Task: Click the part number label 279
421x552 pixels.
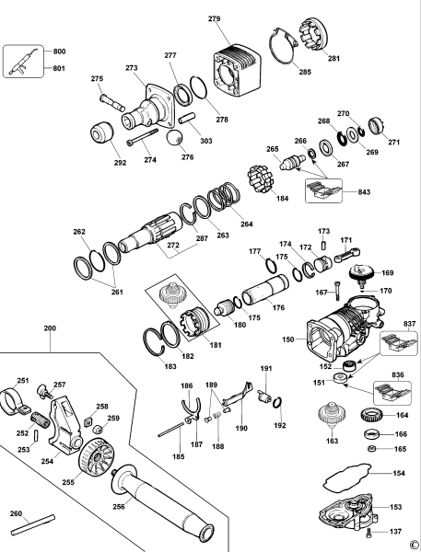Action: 215,18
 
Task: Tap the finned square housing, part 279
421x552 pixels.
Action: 238,71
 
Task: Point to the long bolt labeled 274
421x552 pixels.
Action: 142,136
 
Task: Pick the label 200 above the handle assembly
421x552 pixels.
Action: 50,328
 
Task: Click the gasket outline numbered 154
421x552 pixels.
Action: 347,478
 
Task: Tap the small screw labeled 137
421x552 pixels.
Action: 369,533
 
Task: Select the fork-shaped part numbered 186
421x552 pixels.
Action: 191,408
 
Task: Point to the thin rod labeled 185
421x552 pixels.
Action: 171,430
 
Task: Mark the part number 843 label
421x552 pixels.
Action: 364,192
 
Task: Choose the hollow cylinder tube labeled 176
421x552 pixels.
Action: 265,290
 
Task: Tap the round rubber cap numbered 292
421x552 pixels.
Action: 102,132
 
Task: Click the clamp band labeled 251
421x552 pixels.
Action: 14,400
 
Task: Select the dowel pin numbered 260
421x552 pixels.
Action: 33,525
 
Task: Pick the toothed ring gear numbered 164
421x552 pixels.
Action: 371,414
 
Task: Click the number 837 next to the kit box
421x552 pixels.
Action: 410,324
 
